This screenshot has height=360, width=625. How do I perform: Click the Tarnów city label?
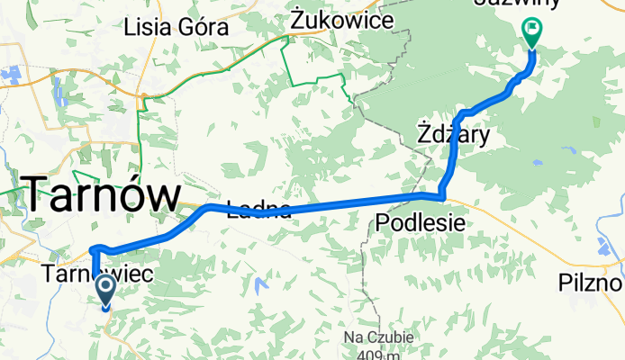point(101,193)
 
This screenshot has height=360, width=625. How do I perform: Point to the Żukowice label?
point(341,19)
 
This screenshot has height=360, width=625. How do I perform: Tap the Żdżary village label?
point(454,135)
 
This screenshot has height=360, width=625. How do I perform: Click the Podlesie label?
point(421,221)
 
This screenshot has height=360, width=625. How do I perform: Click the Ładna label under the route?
point(259,211)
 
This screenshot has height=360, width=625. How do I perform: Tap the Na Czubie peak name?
point(379,337)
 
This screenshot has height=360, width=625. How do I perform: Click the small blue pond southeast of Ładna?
point(261,287)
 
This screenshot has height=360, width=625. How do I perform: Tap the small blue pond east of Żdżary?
point(537,163)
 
